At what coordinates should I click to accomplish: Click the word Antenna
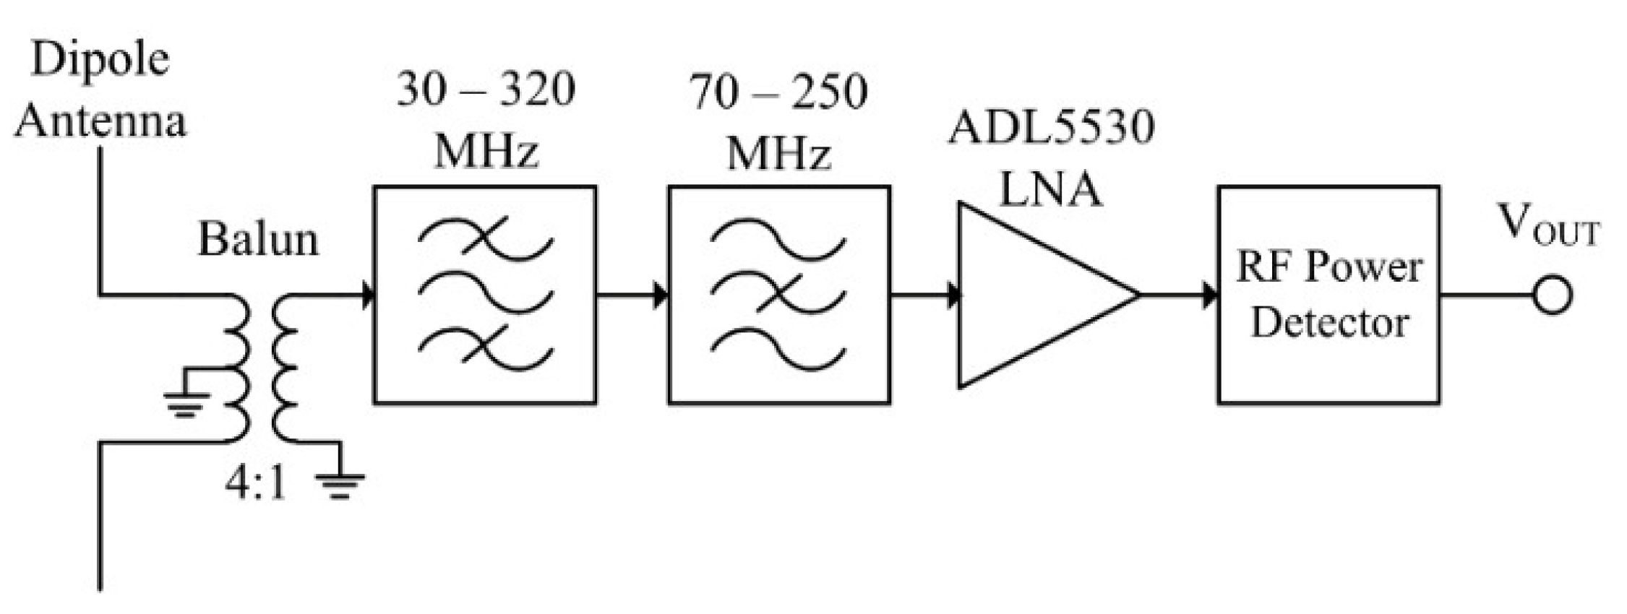point(100,120)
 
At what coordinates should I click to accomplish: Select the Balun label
point(258,239)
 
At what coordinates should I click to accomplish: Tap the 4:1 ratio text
point(255,483)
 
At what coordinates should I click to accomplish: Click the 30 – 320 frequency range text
point(485,90)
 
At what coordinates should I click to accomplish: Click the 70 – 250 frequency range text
point(778,92)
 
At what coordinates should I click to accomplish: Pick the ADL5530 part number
point(1051,127)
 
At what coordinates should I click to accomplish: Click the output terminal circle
point(1552,295)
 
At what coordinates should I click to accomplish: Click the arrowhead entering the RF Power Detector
point(1209,295)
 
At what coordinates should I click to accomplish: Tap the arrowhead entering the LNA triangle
point(953,295)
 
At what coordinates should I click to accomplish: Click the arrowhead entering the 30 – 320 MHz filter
point(366,295)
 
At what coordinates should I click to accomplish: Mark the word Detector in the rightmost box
point(1329,322)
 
